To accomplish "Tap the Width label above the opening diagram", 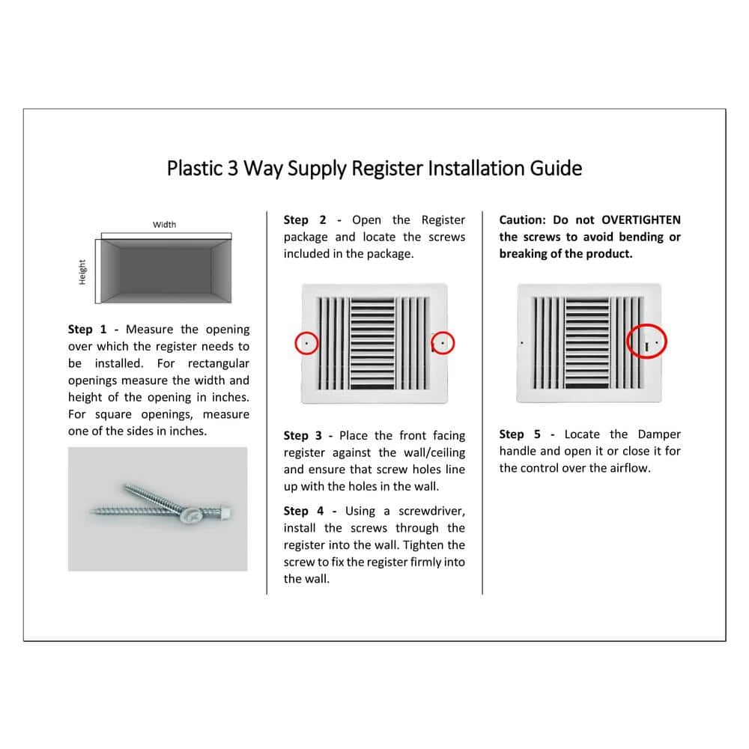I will (x=164, y=224).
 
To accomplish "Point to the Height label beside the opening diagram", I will (x=82, y=271).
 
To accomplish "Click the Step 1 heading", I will (x=90, y=330).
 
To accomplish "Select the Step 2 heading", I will (x=305, y=220).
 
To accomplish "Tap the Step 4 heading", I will (x=304, y=511).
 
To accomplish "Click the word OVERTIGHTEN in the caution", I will (x=641, y=220).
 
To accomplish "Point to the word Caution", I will (x=522, y=220).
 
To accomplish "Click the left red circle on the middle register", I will (x=306, y=343).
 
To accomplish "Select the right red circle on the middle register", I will (x=443, y=343).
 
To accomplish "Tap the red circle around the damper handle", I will (x=646, y=343).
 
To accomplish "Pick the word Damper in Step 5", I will (x=659, y=434).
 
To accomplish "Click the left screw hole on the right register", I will (x=521, y=343).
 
